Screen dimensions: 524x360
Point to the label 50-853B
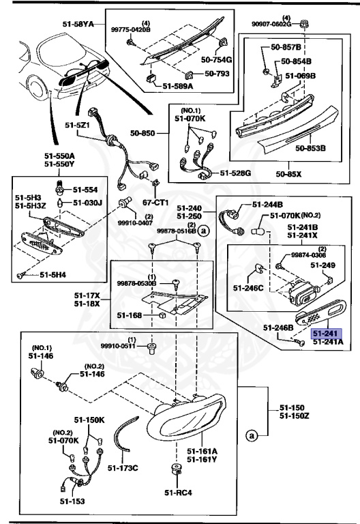(311, 147)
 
